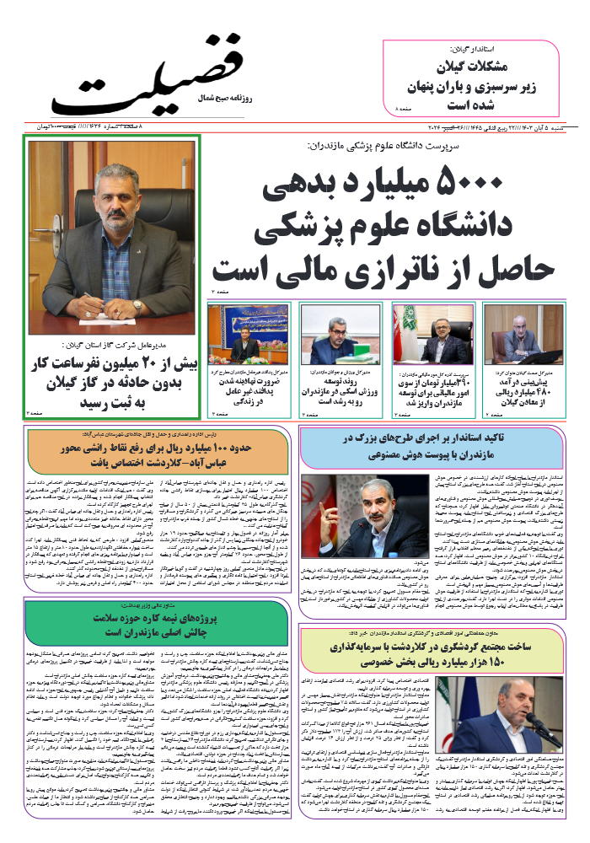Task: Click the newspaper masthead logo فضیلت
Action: (147, 76)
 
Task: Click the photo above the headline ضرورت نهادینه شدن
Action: (243, 335)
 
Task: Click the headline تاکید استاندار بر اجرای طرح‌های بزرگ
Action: (430, 447)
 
